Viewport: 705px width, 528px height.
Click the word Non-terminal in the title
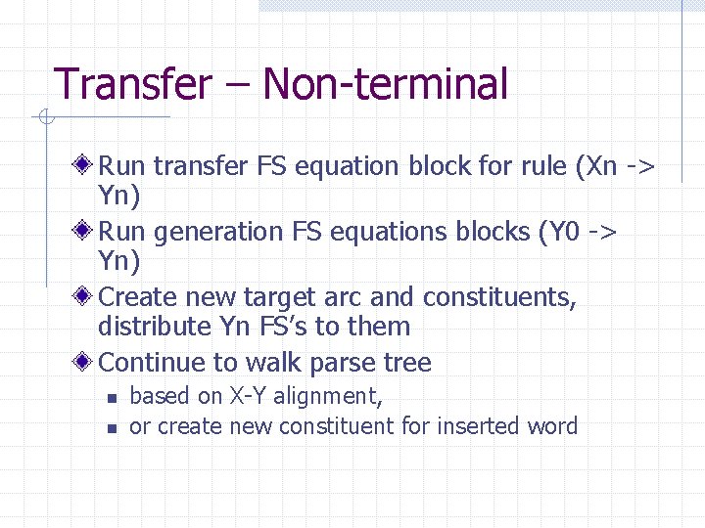click(386, 84)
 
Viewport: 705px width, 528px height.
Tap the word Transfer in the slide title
click(132, 84)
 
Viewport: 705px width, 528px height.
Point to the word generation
click(215, 232)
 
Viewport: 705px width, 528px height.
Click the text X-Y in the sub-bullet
click(249, 396)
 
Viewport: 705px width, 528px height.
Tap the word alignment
click(327, 397)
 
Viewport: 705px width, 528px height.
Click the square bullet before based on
click(113, 398)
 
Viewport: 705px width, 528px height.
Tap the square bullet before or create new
click(113, 427)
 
